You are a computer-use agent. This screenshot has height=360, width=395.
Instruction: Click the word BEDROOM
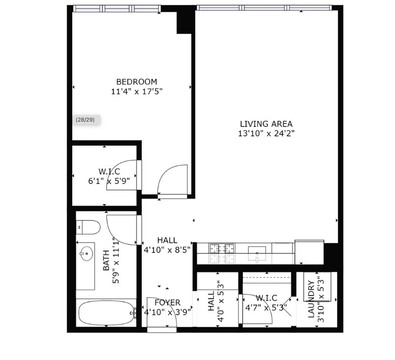pyautogui.click(x=136, y=82)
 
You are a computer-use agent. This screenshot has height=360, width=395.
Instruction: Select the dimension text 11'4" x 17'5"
pyautogui.click(x=136, y=91)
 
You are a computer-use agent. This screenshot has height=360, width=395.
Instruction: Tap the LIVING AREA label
pyautogui.click(x=266, y=124)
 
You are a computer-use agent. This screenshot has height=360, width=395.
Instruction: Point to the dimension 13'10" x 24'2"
pyautogui.click(x=266, y=133)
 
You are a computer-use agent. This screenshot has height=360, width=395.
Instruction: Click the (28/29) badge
pyautogui.click(x=85, y=120)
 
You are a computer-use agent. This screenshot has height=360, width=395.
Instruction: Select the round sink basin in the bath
pyautogui.click(x=86, y=254)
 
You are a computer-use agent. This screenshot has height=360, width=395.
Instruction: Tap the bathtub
pyautogui.click(x=106, y=313)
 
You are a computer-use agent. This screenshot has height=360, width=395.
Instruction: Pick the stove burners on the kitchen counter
pyautogui.click(x=222, y=249)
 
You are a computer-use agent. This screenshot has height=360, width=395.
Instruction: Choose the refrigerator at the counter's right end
pyautogui.click(x=309, y=252)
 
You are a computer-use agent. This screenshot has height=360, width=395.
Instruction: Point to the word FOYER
pyautogui.click(x=167, y=303)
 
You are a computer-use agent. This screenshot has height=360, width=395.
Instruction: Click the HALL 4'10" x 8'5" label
pyautogui.click(x=167, y=245)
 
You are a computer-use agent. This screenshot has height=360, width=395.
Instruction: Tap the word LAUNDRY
pyautogui.click(x=311, y=299)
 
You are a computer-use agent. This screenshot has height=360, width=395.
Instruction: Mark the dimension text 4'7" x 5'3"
pyautogui.click(x=265, y=308)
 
